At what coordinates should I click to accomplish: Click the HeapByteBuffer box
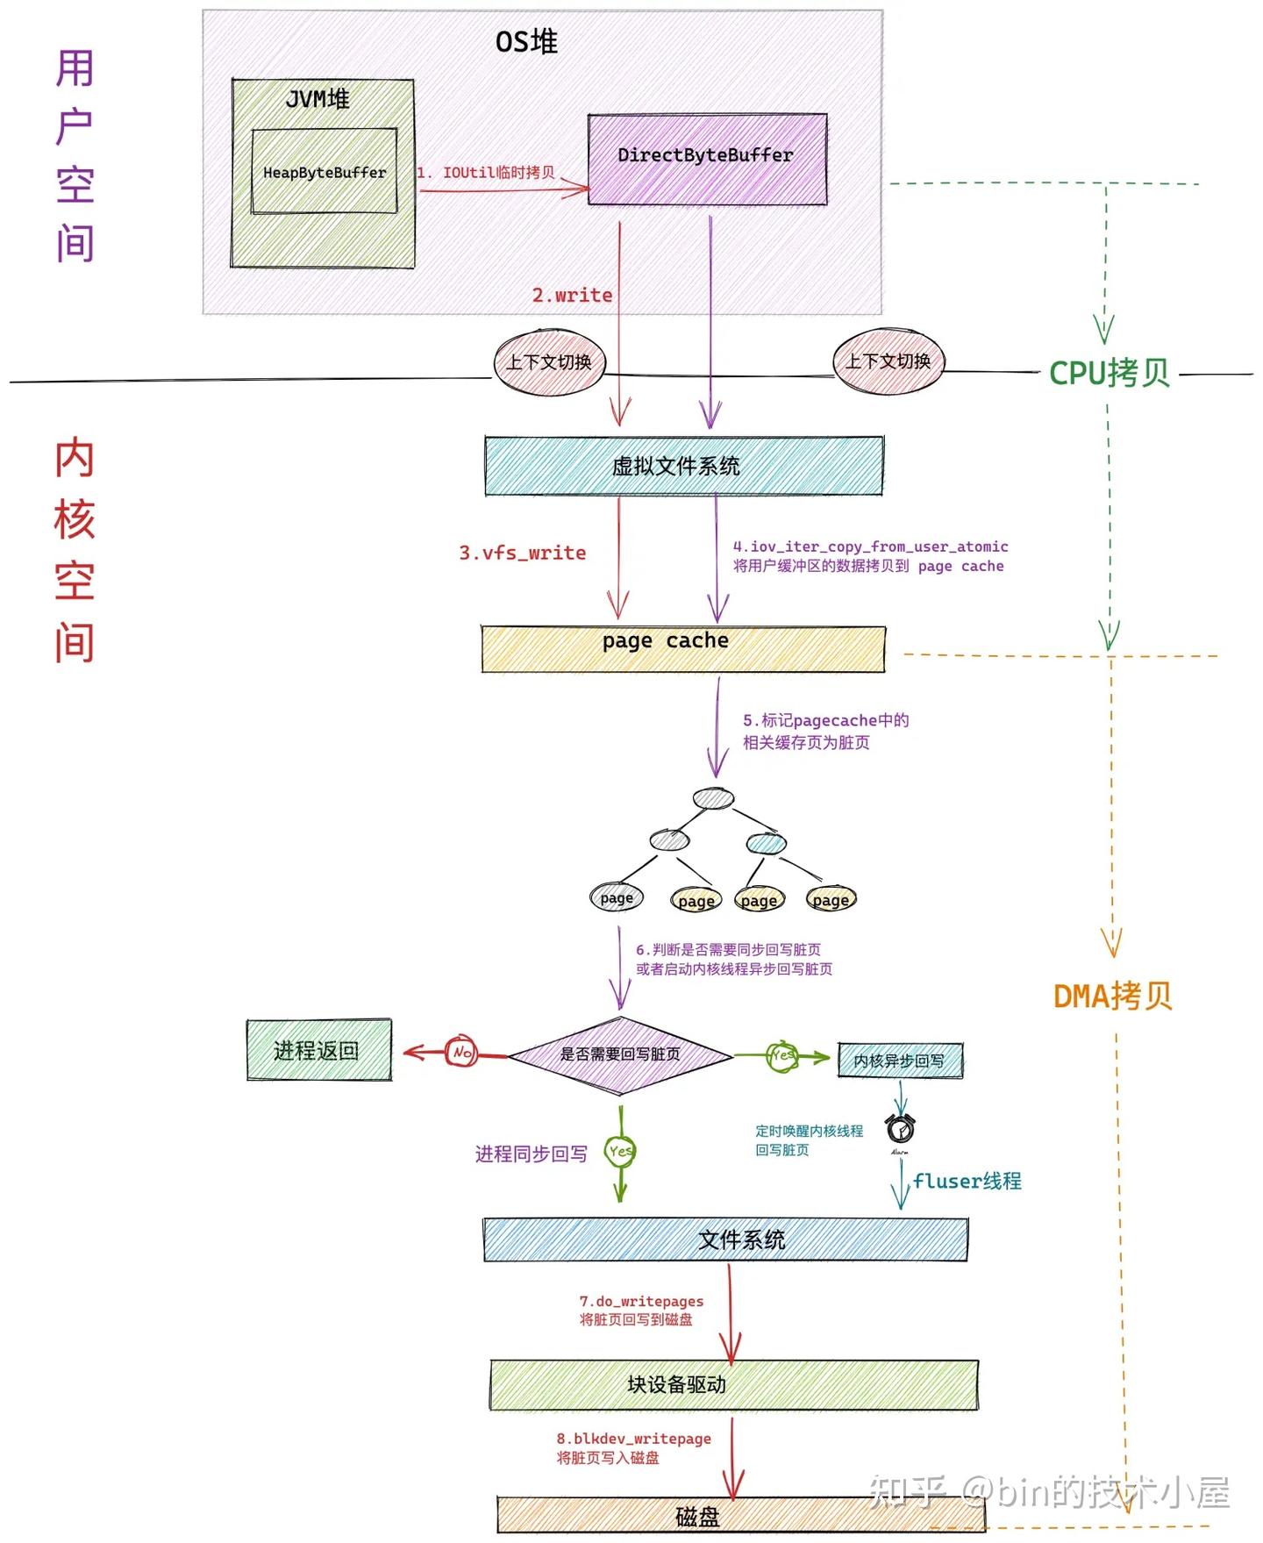pos(324,172)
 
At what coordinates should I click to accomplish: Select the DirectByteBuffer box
pos(706,158)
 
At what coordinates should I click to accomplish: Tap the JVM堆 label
pos(318,99)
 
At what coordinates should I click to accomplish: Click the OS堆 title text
pos(526,41)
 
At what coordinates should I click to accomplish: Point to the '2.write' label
pos(572,296)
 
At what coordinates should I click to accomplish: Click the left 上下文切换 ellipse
pos(549,362)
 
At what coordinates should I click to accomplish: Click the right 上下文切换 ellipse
pos(888,361)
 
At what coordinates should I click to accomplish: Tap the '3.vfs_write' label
pos(522,553)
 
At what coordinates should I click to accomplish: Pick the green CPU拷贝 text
pos(1110,373)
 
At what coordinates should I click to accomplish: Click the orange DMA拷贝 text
pos(1112,996)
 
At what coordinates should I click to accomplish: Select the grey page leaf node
pos(617,897)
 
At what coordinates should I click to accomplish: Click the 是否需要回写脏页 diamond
pos(620,1054)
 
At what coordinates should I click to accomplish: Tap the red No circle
pos(462,1051)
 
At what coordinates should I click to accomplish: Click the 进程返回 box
pos(318,1050)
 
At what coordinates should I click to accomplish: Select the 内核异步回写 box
pos(900,1061)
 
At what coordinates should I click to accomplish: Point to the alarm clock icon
pos(900,1128)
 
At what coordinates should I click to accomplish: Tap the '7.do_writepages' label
pos(641,1301)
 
